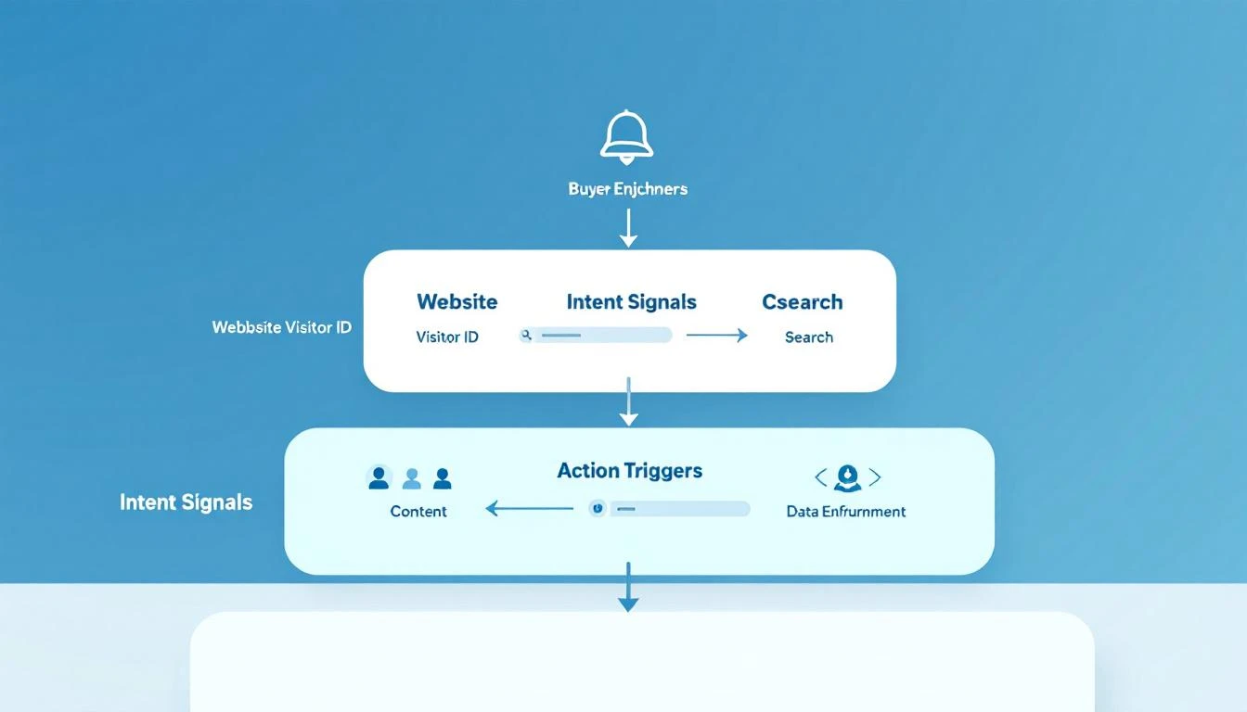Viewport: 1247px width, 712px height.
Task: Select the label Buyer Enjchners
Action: point(627,189)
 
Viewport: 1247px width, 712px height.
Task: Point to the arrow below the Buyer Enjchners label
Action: point(628,227)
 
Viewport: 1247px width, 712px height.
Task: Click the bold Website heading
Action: point(456,302)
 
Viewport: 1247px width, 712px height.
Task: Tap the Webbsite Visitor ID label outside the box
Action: point(281,327)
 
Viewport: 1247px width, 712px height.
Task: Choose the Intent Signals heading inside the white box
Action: point(631,302)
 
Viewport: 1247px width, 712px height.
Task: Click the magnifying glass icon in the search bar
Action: point(526,336)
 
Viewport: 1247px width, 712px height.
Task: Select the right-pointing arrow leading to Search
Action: point(716,336)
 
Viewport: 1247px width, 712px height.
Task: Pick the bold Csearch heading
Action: point(802,302)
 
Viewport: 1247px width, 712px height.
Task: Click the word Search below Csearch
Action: point(808,337)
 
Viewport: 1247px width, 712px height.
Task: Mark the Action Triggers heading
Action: point(629,471)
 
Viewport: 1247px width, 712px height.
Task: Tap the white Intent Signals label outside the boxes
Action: point(186,502)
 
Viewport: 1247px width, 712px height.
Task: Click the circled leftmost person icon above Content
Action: point(379,478)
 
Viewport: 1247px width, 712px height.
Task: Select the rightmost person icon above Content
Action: point(443,478)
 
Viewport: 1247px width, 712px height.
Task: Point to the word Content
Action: point(418,512)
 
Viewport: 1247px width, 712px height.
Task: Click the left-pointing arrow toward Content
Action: point(529,508)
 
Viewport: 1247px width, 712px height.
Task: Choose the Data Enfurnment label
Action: point(845,512)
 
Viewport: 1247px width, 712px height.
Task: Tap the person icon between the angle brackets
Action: point(847,478)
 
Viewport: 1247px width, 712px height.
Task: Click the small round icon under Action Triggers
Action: point(598,508)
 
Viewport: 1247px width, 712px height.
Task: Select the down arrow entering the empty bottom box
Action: point(628,588)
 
